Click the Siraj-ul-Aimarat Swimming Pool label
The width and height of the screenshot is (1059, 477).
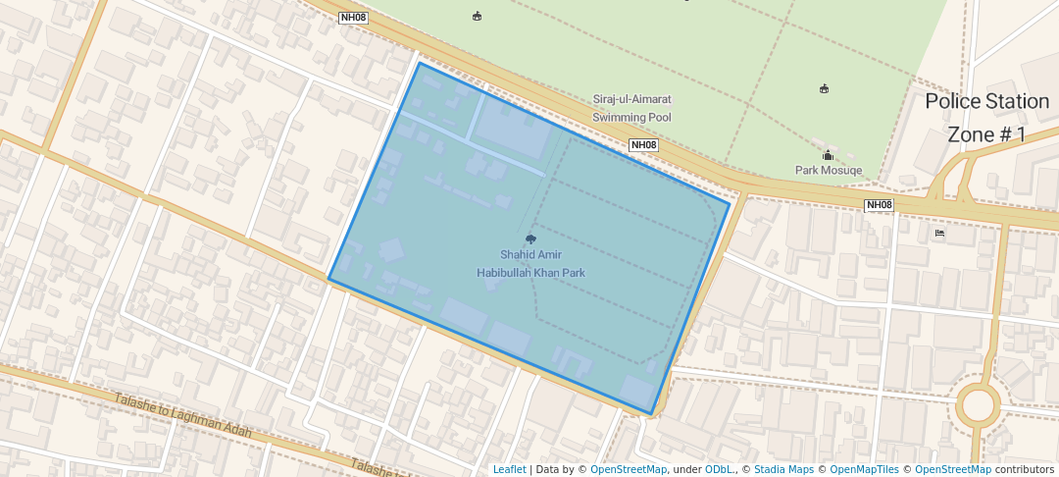[631, 108]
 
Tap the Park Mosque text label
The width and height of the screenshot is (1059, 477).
[828, 170]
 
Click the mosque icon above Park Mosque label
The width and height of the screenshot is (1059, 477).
[828, 155]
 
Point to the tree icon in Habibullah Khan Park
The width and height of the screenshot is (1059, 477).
[530, 238]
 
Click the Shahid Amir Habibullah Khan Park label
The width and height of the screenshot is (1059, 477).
[530, 263]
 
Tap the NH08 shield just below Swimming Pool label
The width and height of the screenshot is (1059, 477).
[643, 145]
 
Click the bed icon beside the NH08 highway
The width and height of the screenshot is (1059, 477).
[939, 234]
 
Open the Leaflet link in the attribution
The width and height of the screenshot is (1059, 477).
[509, 469]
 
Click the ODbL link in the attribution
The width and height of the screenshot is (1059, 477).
[719, 469]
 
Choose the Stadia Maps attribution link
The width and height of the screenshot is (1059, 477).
[783, 469]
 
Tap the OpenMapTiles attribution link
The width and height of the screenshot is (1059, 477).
[864, 469]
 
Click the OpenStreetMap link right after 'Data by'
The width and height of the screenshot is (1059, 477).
[629, 469]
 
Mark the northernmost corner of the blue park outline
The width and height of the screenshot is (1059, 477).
[420, 63]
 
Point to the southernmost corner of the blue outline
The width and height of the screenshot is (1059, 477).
[651, 414]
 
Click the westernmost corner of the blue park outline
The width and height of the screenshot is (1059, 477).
[328, 279]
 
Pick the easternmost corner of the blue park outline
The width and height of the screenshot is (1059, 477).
[730, 203]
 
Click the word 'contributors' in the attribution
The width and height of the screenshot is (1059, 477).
[1024, 469]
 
